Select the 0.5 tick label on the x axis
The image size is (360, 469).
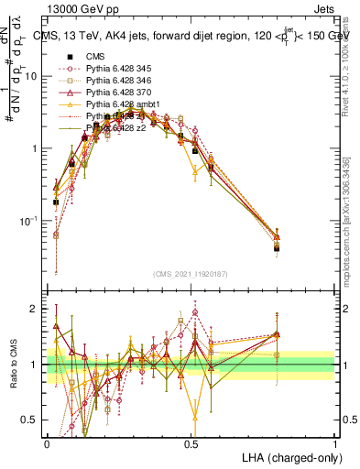191,442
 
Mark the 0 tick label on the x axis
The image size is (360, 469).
47,442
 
